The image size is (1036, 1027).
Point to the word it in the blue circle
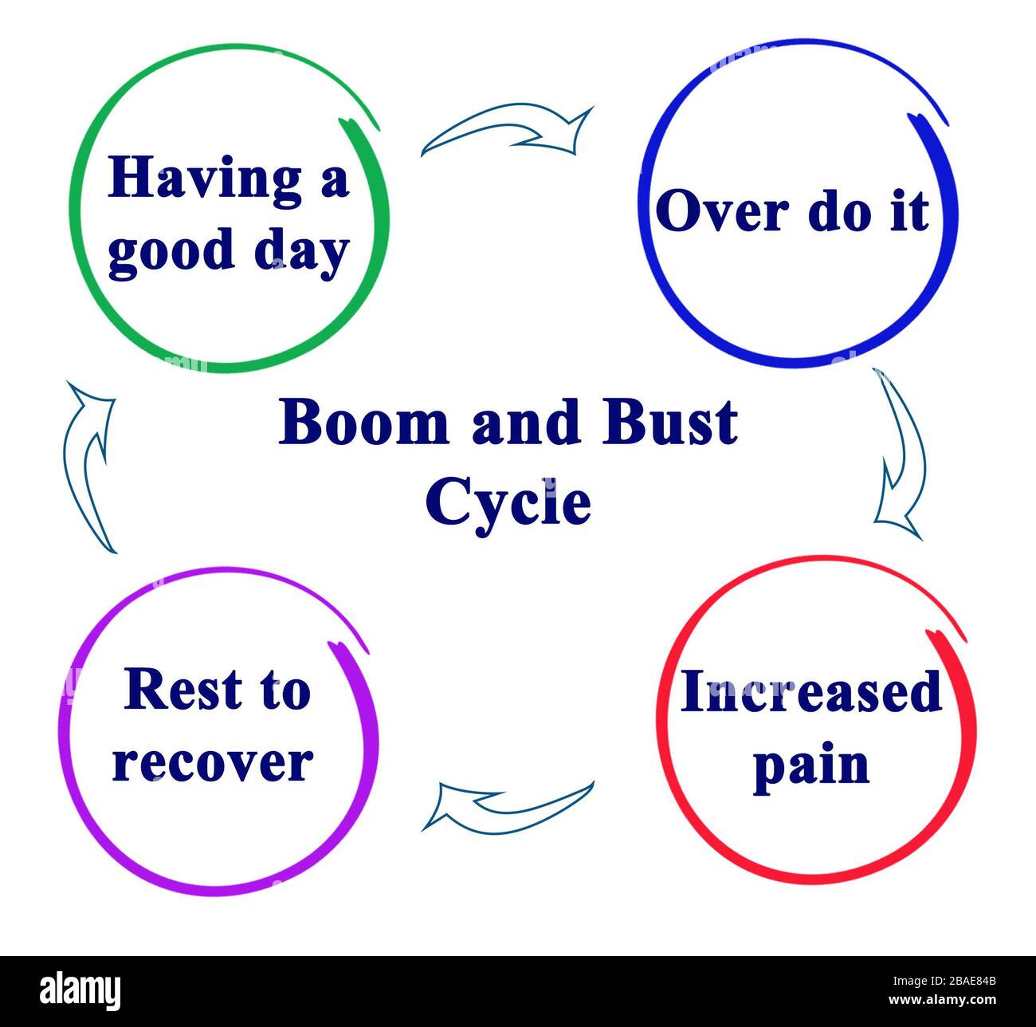click(909, 212)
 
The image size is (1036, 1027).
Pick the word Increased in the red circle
click(811, 691)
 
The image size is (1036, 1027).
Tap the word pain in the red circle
click(811, 765)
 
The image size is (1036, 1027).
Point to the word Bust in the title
click(669, 423)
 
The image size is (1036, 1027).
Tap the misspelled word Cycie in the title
click(508, 502)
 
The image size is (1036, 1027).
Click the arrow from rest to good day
click(88, 466)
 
